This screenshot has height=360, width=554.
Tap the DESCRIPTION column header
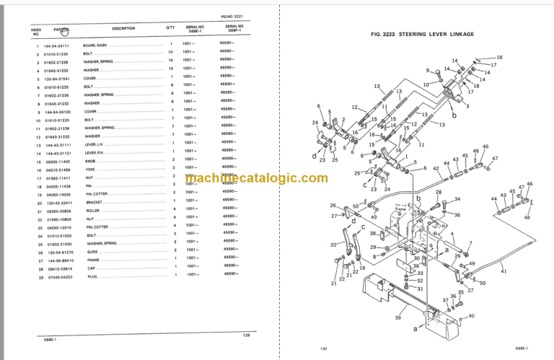[123, 29]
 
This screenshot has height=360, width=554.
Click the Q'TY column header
[171, 27]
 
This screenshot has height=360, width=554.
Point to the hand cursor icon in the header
[65, 31]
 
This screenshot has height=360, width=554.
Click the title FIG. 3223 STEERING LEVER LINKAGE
[416, 34]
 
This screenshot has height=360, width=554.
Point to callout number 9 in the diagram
[427, 71]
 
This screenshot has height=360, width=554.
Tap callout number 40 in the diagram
[471, 315]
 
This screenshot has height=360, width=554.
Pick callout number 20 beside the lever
[333, 245]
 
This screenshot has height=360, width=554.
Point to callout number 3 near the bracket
[467, 106]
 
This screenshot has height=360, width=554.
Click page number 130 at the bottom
[322, 348]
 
